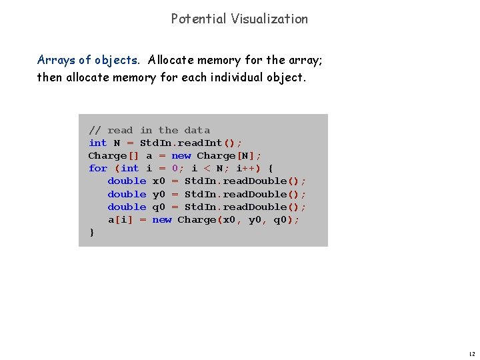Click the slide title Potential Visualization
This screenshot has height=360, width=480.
click(239, 19)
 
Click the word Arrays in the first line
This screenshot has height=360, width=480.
click(55, 60)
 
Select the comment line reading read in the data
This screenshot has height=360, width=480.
click(149, 130)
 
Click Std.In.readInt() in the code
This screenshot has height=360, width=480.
click(191, 143)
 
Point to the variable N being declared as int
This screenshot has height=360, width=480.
click(117, 143)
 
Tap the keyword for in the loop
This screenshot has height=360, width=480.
click(97, 168)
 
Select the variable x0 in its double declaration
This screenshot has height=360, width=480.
click(159, 181)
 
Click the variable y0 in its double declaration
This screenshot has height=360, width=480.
click(159, 194)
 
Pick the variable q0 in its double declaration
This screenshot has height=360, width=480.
click(159, 207)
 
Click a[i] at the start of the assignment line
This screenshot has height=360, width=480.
click(121, 219)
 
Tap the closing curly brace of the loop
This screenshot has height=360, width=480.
click(91, 232)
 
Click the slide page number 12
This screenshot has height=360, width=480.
click(471, 353)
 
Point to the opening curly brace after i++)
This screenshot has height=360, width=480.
click(270, 168)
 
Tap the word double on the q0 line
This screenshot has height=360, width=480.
click(127, 207)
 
